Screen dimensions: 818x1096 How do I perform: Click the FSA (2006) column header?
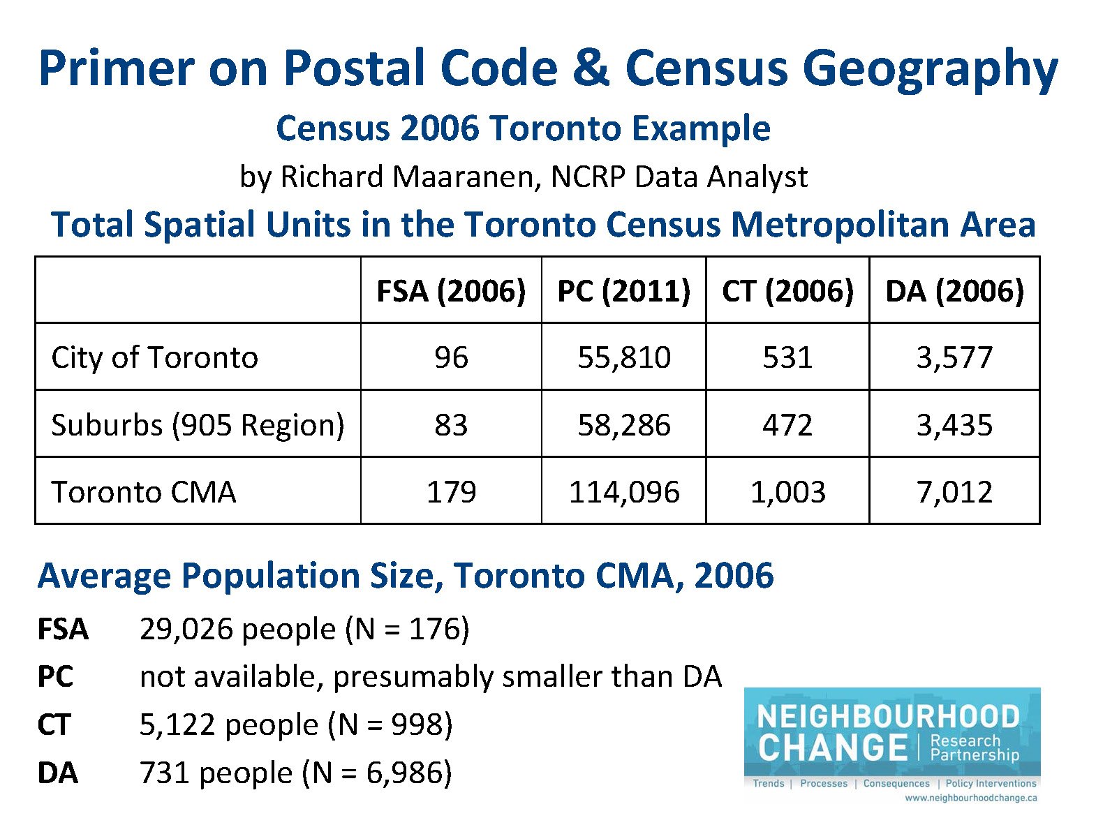pos(451,291)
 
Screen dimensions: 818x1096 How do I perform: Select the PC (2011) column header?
pos(623,291)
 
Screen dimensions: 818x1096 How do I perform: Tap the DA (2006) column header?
pos(954,291)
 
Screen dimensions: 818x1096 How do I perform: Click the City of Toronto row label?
pos(155,357)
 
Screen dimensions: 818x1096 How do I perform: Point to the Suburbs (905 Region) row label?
pos(198,424)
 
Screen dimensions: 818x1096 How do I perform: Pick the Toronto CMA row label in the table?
pos(144,492)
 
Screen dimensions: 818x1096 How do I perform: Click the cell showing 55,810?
pos(623,357)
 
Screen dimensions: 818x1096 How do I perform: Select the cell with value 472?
pos(787,424)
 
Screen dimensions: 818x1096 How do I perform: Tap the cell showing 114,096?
pos(623,492)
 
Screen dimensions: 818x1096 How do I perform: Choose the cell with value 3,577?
pos(954,357)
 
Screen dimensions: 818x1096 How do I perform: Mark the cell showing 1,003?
pos(787,492)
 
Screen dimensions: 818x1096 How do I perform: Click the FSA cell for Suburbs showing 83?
pos(451,424)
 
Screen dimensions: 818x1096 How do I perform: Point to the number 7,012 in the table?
pos(954,492)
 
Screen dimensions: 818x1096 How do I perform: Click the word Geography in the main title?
pos(930,70)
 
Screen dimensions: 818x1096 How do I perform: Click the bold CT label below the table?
pos(54,724)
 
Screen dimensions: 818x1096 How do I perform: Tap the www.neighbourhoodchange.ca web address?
pos(970,798)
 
